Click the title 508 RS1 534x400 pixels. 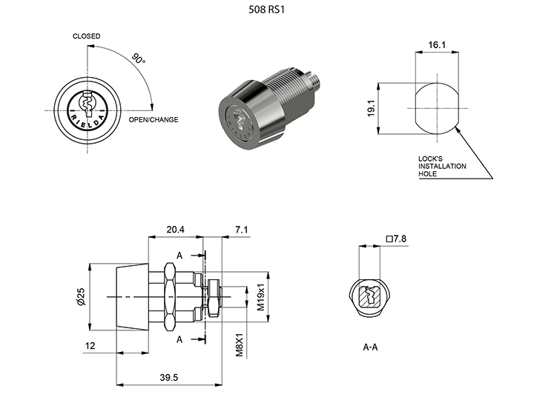tap(266, 11)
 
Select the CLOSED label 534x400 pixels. tap(87, 36)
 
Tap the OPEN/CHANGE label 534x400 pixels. tap(154, 119)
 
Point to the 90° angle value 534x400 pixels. tap(138, 59)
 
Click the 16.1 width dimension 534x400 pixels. tap(437, 46)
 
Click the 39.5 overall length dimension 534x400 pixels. tap(170, 378)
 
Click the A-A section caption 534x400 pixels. tap(372, 347)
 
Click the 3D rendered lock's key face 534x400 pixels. tap(240, 122)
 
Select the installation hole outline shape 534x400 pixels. tap(436, 108)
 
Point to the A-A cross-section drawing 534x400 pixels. tap(372, 298)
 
